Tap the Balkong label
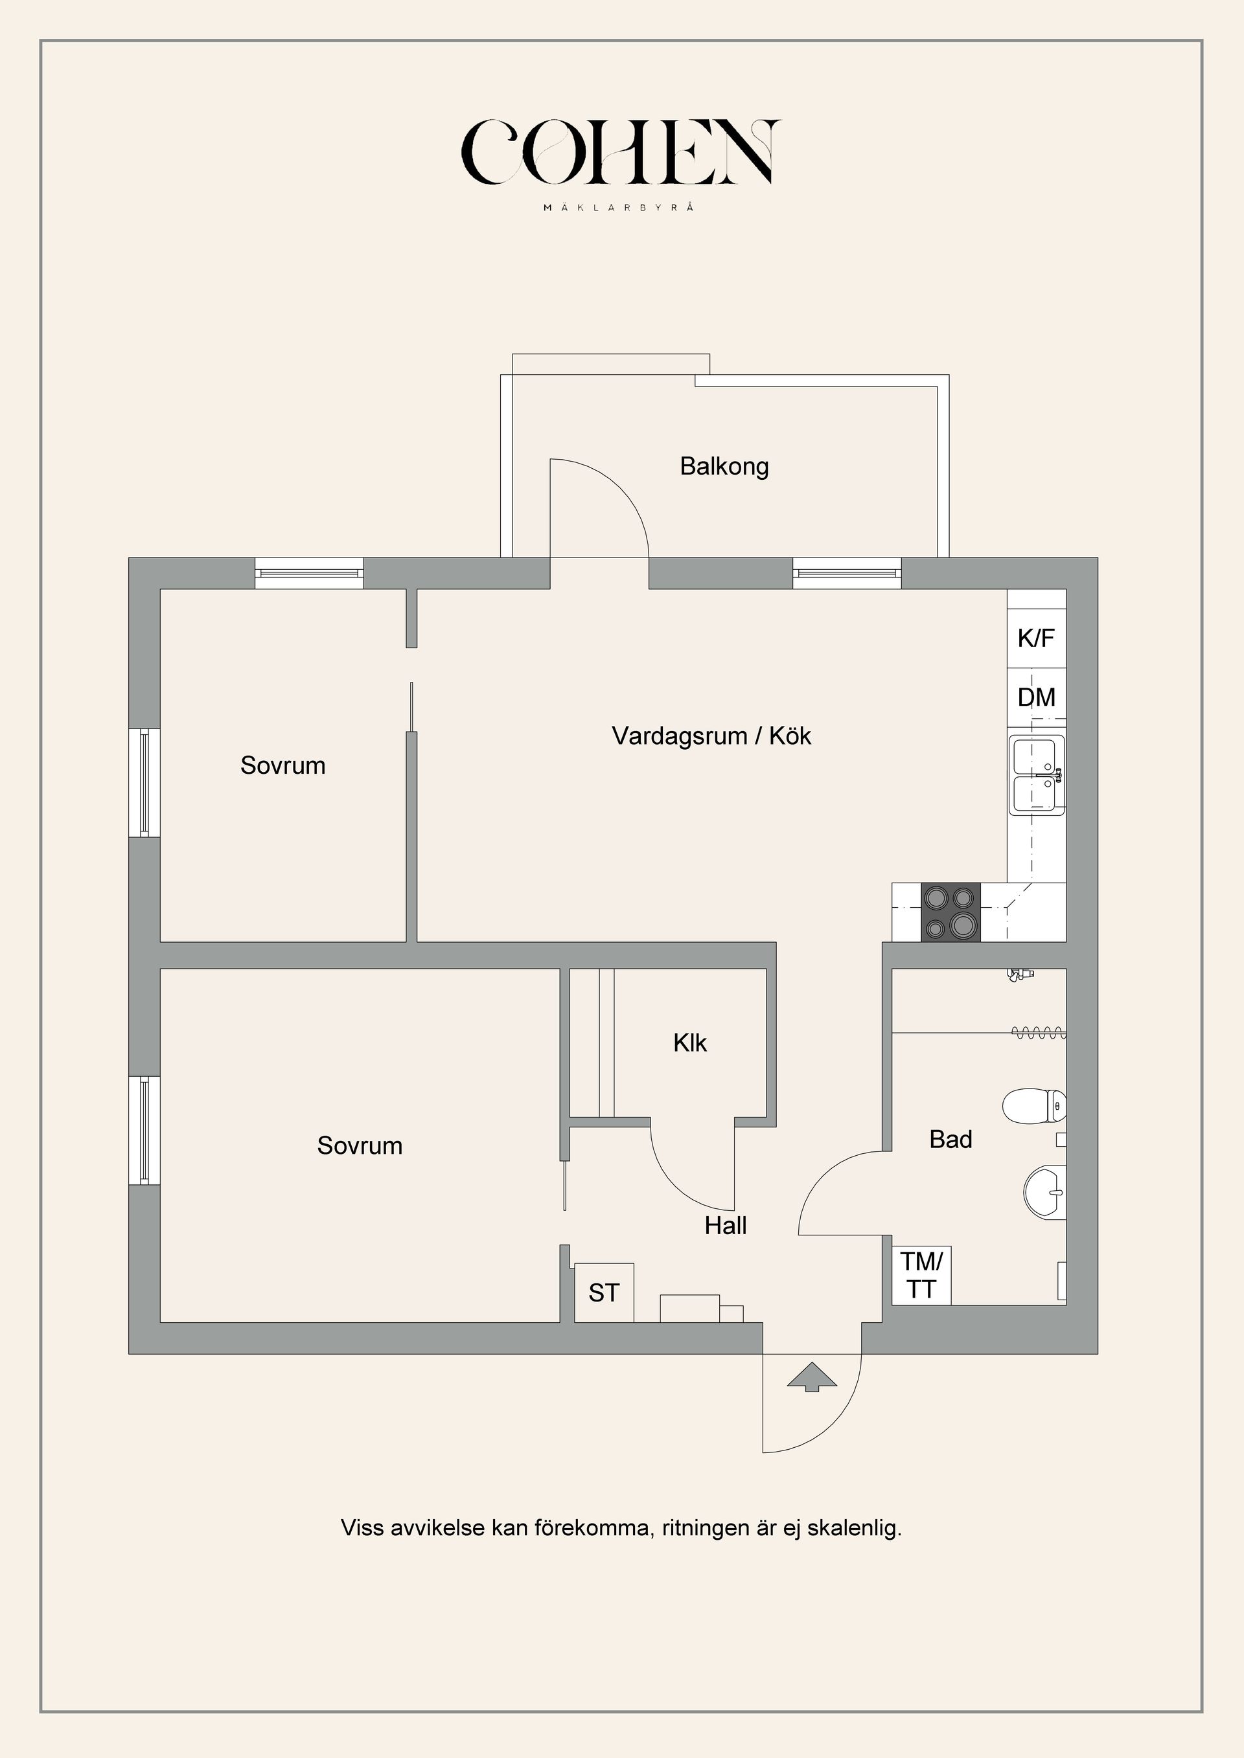coord(724,466)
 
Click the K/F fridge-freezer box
coord(1035,638)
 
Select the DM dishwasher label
coord(1035,697)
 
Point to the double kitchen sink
coord(1037,775)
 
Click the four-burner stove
coord(950,913)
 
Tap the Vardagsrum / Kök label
coord(711,736)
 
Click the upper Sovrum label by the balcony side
coord(282,765)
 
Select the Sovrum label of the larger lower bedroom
coord(359,1145)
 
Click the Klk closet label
coord(689,1043)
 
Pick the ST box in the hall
coord(604,1292)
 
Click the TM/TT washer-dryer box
coord(921,1275)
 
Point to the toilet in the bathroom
coord(1033,1106)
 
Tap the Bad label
coord(950,1140)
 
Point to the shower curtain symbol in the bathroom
coord(1039,1033)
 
